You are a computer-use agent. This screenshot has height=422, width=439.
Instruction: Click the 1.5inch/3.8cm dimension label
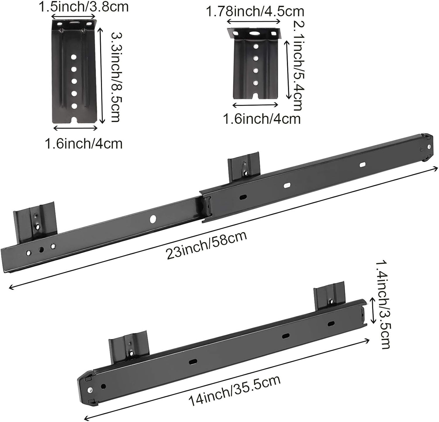[x=84, y=6]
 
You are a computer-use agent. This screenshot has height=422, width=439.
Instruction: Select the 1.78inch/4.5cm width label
[x=255, y=11]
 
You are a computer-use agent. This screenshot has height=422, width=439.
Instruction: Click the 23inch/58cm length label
[x=206, y=245]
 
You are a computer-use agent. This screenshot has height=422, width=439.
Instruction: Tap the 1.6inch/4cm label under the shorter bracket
[x=262, y=119]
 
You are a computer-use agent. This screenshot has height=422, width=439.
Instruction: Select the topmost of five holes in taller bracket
[x=73, y=57]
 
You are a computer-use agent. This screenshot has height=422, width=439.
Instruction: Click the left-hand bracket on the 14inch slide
[x=128, y=347]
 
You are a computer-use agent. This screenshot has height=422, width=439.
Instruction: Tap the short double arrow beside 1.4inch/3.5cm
[x=373, y=310]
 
